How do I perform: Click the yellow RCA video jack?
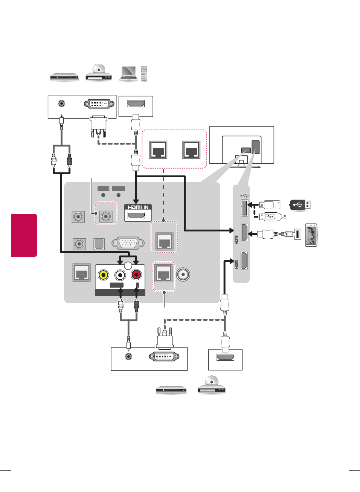click(103, 275)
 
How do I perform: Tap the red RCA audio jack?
click(136, 275)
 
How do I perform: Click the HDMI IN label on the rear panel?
click(138, 207)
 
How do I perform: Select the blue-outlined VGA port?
click(128, 243)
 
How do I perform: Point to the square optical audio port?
click(99, 244)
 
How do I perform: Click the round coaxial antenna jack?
click(183, 274)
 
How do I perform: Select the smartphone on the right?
click(311, 235)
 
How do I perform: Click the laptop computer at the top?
click(129, 73)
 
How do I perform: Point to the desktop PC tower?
click(144, 73)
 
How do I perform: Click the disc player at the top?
click(99, 73)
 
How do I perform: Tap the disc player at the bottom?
click(211, 385)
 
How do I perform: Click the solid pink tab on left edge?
click(24, 235)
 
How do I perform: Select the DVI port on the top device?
click(99, 104)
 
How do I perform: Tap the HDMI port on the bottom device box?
click(225, 357)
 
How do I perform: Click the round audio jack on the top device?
click(61, 103)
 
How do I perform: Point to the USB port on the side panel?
click(244, 207)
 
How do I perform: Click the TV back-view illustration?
click(241, 146)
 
